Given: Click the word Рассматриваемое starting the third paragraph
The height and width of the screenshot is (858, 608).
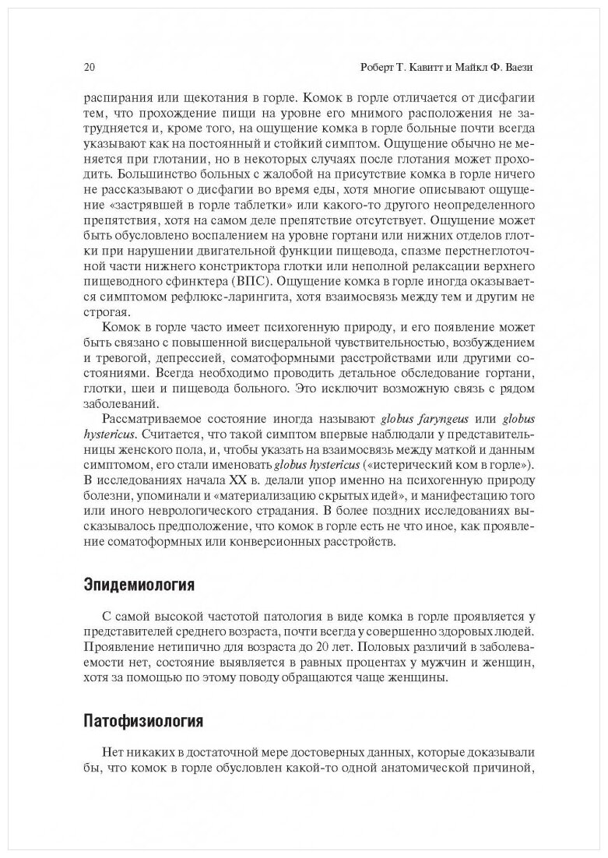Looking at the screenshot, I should (153, 420).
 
